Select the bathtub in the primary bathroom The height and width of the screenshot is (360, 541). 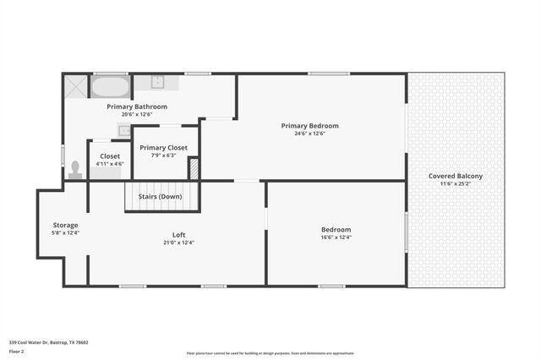(110, 87)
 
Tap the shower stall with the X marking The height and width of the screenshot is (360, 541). (75, 86)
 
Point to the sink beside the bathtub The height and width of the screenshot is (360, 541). (157, 83)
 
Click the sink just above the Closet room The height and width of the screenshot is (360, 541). (123, 131)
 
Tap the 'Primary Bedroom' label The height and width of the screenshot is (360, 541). (309, 125)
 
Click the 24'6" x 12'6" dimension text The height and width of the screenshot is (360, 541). (309, 134)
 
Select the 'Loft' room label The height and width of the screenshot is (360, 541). (178, 235)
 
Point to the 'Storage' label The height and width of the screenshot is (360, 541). (65, 225)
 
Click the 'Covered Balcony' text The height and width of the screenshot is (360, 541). (456, 176)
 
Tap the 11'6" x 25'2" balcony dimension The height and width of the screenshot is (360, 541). (456, 183)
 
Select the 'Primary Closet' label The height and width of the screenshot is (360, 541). (164, 147)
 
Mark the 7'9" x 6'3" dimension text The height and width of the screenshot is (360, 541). (164, 155)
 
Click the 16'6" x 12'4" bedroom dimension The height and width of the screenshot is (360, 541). (336, 237)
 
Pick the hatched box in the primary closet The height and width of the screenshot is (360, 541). (194, 169)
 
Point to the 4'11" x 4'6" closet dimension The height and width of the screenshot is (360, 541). (110, 164)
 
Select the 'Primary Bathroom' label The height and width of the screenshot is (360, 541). (136, 106)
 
